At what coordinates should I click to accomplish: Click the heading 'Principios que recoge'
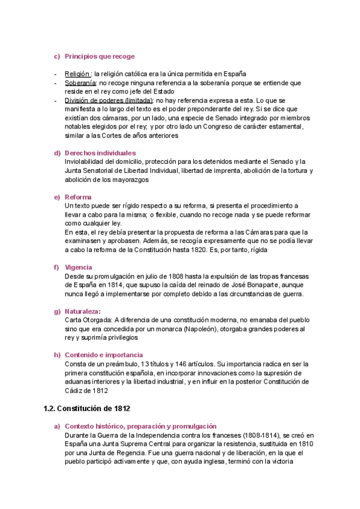(99, 56)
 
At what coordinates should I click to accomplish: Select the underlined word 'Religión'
(77, 74)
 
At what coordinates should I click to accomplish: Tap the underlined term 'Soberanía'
(79, 83)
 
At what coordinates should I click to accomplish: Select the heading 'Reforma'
(79, 197)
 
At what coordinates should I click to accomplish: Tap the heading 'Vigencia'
(80, 267)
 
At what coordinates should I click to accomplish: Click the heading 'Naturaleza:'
(83, 311)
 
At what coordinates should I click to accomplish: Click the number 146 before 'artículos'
(175, 364)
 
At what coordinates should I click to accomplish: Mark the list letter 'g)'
(58, 311)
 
